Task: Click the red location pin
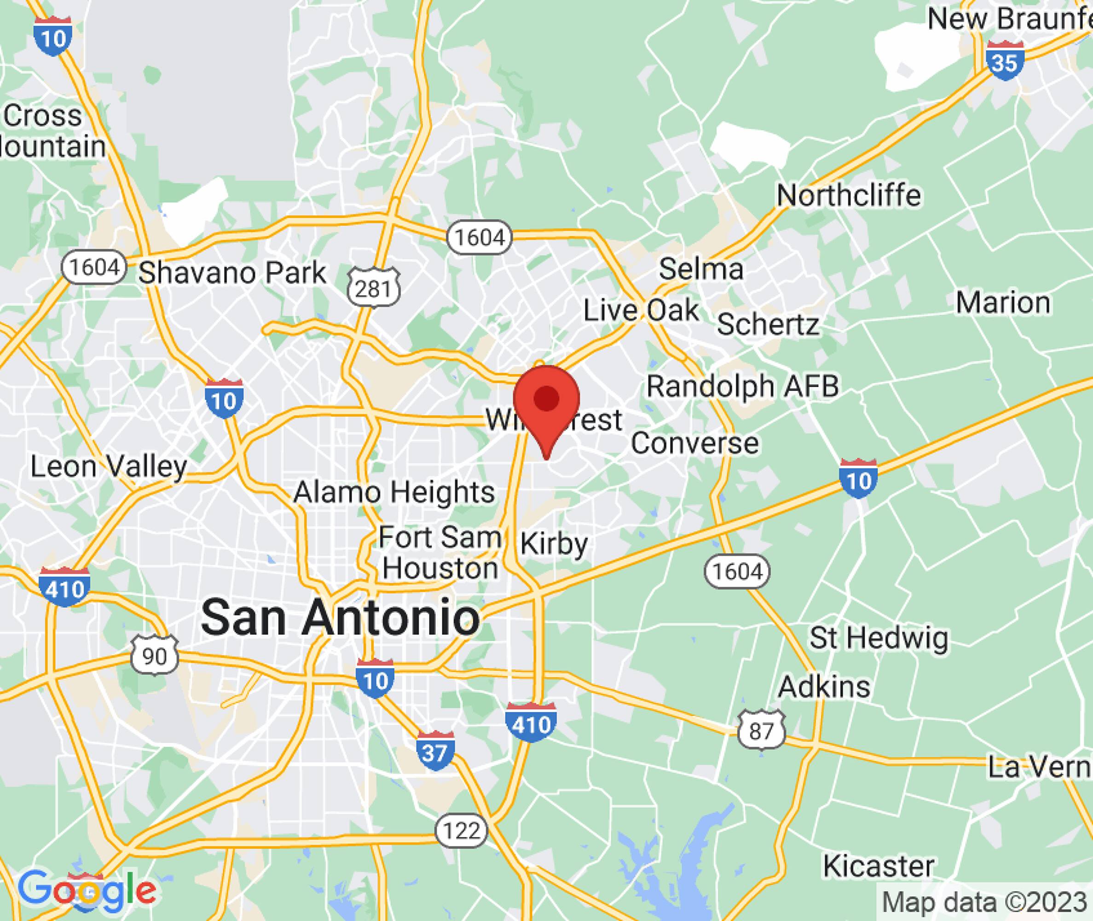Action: coord(546,405)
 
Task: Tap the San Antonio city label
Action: coord(340,618)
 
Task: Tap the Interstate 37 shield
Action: coord(435,751)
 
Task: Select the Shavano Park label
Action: coord(232,273)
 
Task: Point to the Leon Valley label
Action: coord(109,466)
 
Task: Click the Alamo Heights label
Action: coord(394,492)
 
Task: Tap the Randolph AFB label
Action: coord(742,386)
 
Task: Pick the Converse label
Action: coord(694,443)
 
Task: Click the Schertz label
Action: coord(768,325)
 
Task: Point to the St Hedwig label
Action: coord(879,638)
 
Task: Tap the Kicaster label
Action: coord(879,866)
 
